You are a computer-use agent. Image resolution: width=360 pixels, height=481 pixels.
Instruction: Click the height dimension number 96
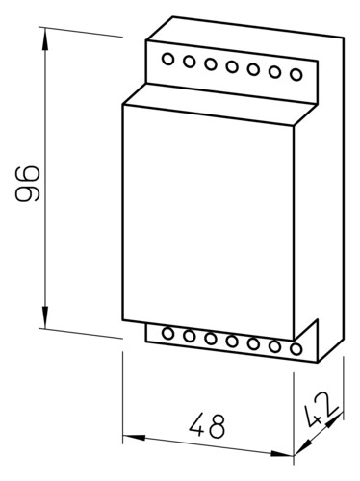[28, 184]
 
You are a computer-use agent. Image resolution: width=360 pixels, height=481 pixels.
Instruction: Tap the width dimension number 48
[207, 425]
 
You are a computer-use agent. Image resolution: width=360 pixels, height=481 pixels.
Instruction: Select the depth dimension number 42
[321, 410]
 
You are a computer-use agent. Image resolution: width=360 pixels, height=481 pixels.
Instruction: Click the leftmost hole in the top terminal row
[167, 59]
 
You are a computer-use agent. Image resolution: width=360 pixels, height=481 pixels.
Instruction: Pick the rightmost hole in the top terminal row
[296, 74]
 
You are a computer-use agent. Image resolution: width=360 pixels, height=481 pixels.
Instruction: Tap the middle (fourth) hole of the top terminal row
[232, 66]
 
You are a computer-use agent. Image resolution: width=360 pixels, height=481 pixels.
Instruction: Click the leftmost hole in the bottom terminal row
[167, 333]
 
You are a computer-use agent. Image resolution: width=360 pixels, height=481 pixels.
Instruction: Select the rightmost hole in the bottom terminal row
[296, 348]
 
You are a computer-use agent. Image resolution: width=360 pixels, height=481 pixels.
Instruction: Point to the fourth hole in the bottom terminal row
[232, 341]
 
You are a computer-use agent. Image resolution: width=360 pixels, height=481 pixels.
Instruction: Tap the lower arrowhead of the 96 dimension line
[45, 316]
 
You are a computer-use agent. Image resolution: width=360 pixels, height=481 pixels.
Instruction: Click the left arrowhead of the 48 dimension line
[134, 437]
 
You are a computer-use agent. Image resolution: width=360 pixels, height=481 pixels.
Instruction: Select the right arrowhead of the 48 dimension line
[282, 453]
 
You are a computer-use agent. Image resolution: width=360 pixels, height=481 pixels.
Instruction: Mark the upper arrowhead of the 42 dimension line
[335, 419]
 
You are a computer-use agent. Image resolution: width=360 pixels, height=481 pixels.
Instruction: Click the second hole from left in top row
[190, 62]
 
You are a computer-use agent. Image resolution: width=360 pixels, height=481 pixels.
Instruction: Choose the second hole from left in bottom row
[190, 336]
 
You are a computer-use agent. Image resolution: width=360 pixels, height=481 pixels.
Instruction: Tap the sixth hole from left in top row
[274, 72]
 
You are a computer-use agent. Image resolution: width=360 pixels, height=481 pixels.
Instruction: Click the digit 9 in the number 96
[28, 193]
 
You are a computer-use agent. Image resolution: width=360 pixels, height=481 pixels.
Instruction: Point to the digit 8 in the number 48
[217, 426]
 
